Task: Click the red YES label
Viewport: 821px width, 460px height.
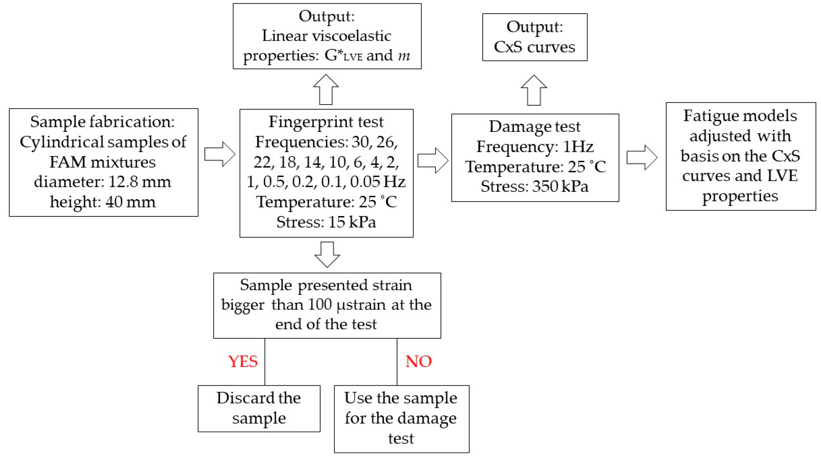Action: point(243,361)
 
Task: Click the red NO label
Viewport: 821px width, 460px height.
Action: point(418,361)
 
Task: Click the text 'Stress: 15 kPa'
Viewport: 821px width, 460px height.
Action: point(326,222)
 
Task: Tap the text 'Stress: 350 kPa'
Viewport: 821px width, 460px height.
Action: point(534,186)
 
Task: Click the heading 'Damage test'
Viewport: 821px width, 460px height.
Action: point(534,126)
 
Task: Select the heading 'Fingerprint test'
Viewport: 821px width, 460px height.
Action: point(326,122)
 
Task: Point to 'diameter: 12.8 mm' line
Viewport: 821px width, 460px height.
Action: point(103,182)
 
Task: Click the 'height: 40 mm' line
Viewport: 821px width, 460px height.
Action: point(103,202)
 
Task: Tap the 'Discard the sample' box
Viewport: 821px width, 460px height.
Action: point(259,408)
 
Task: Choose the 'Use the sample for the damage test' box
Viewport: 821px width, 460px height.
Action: point(401,418)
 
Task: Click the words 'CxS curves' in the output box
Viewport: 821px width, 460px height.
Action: point(534,47)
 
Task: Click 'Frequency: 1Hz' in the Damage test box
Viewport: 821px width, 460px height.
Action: point(534,147)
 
